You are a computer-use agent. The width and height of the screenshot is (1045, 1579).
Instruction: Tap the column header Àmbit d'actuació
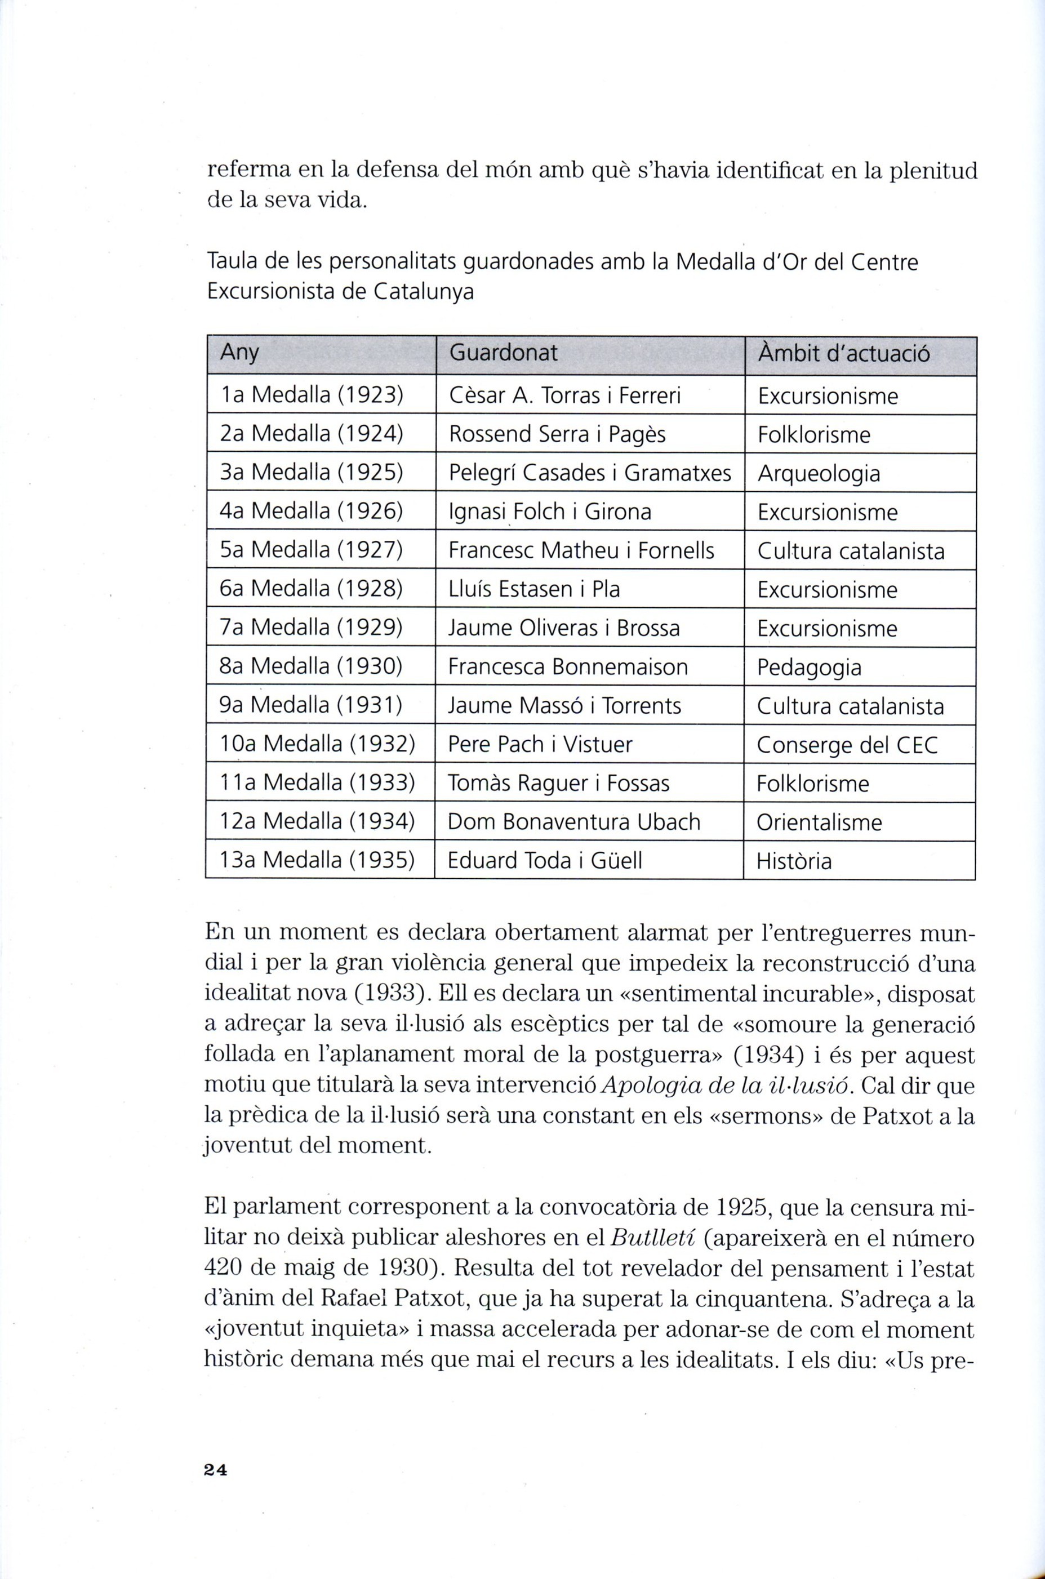pyautogui.click(x=843, y=353)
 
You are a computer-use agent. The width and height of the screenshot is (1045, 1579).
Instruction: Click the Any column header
pyautogui.click(x=239, y=353)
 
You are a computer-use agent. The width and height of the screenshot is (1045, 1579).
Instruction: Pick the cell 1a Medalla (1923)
pyautogui.click(x=312, y=396)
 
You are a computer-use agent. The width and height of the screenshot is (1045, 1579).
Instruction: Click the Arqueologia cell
pyautogui.click(x=819, y=474)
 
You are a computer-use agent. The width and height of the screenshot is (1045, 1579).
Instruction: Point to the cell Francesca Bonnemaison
pyautogui.click(x=568, y=667)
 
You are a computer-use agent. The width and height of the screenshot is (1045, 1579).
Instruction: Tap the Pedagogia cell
pyautogui.click(x=809, y=667)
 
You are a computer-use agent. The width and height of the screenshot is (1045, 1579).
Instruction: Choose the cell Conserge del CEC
pyautogui.click(x=847, y=744)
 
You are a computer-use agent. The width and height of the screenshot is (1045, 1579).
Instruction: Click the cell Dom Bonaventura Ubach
pyautogui.click(x=574, y=822)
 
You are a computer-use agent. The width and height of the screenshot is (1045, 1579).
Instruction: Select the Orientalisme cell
pyautogui.click(x=819, y=822)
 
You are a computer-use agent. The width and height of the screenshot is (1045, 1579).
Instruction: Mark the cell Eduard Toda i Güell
pyautogui.click(x=545, y=861)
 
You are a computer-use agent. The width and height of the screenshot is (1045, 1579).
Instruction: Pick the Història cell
pyautogui.click(x=794, y=861)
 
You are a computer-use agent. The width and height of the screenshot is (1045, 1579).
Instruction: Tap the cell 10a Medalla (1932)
pyautogui.click(x=318, y=744)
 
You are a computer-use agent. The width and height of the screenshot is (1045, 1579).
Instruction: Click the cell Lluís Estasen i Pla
pyautogui.click(x=534, y=590)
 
